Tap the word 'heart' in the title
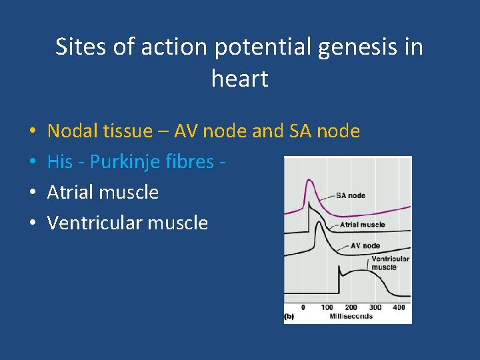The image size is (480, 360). click(x=239, y=79)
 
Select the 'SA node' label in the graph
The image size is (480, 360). click(x=350, y=195)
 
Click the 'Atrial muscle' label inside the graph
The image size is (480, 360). click(x=362, y=225)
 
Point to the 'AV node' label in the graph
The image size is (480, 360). click(x=365, y=245)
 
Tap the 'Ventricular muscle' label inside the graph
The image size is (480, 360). click(x=390, y=263)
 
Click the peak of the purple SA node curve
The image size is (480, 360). click(x=308, y=181)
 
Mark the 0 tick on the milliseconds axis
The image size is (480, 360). click(x=303, y=307)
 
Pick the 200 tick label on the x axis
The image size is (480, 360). click(x=351, y=307)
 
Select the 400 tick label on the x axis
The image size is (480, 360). click(x=399, y=307)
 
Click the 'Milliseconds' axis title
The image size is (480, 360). click(x=351, y=316)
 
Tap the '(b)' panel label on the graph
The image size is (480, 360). click(x=289, y=316)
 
